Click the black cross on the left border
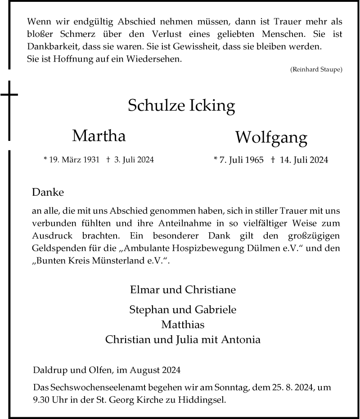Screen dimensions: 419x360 9,95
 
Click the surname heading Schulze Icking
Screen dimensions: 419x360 182,106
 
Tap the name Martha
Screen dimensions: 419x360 99,135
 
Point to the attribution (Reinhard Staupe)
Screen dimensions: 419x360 316,69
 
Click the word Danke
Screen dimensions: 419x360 48,193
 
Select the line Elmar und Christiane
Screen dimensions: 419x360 182,289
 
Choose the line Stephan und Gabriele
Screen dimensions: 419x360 182,310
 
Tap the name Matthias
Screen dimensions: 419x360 182,324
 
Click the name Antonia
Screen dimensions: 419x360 241,339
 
